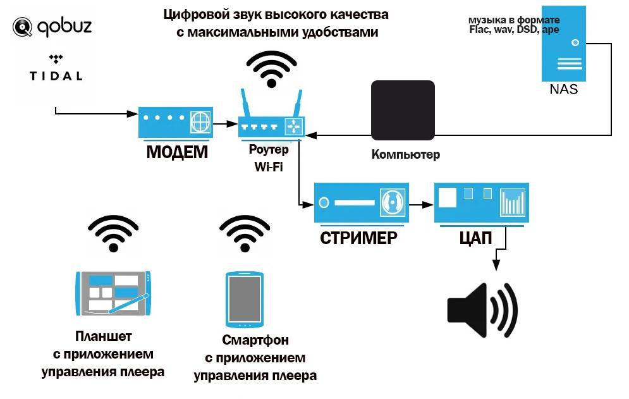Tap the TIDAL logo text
56,75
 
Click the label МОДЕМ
176,152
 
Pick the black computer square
403,110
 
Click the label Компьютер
405,155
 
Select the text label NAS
564,89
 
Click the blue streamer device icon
362,202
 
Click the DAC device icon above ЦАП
481,202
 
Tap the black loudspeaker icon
482,310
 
